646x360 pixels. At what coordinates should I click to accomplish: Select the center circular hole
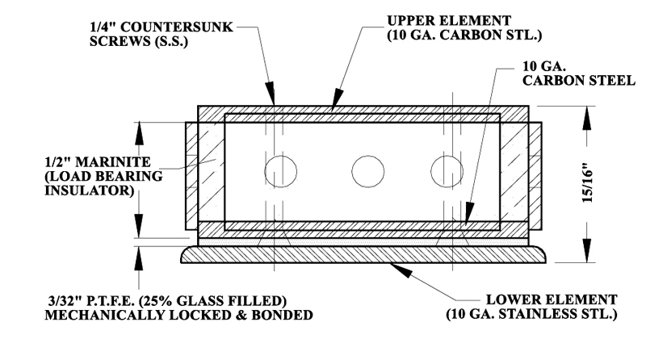tap(367, 172)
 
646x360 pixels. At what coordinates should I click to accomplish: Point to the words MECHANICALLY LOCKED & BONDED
tap(179, 315)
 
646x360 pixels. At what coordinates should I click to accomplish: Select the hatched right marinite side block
tap(537, 174)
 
